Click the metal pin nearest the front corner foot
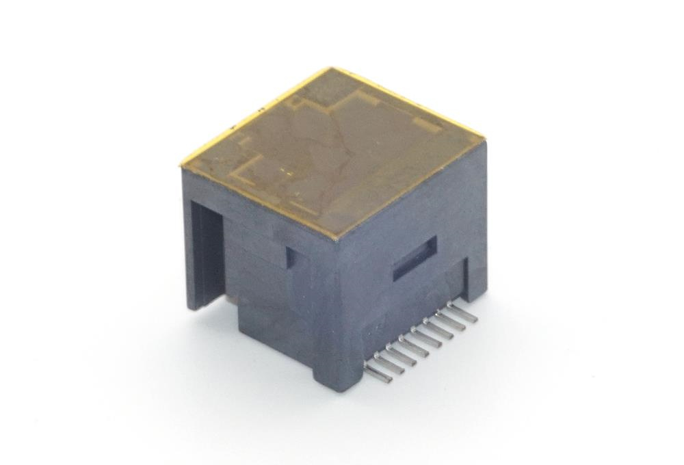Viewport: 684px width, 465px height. click(378, 373)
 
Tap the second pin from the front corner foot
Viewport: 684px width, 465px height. click(391, 362)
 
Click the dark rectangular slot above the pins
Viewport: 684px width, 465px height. click(415, 259)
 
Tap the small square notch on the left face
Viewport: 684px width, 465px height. click(291, 256)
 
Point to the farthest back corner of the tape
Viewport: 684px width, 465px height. click(332, 69)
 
